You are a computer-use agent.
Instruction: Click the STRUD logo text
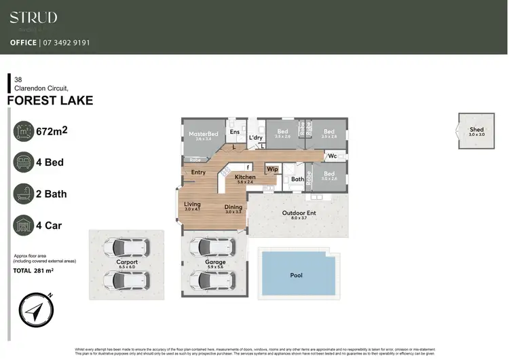[33, 18]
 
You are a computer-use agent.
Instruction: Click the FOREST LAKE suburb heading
[50, 101]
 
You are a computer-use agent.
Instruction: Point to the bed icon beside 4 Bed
[24, 162]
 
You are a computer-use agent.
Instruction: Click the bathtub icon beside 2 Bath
[24, 194]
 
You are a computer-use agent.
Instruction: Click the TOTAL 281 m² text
[34, 270]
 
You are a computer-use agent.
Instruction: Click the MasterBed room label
[204, 134]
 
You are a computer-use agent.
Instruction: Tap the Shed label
[476, 129]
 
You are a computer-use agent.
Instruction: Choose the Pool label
[296, 275]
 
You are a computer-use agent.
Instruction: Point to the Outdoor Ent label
[299, 213]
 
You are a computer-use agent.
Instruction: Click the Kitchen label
[245, 177]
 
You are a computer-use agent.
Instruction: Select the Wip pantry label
[272, 168]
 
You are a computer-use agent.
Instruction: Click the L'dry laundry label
[256, 138]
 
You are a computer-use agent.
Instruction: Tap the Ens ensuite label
[235, 131]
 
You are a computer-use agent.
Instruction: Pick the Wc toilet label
[332, 156]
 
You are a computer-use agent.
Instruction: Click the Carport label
[127, 262]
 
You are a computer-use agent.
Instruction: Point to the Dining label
[233, 207]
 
